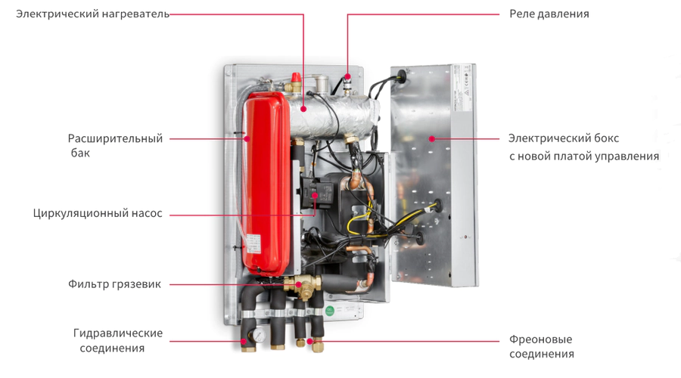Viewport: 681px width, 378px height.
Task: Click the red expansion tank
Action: (265, 181)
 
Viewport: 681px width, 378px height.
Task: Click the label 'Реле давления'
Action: (549, 14)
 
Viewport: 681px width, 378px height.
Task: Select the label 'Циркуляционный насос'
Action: (98, 214)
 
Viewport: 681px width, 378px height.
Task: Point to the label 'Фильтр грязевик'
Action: (114, 284)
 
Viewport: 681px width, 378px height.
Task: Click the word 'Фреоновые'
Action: (540, 339)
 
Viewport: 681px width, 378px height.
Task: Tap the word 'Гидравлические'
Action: (118, 333)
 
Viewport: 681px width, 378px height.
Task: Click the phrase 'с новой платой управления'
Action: (583, 156)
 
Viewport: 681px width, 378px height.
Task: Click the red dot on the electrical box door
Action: (431, 138)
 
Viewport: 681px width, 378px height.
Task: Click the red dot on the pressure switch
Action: (348, 76)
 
